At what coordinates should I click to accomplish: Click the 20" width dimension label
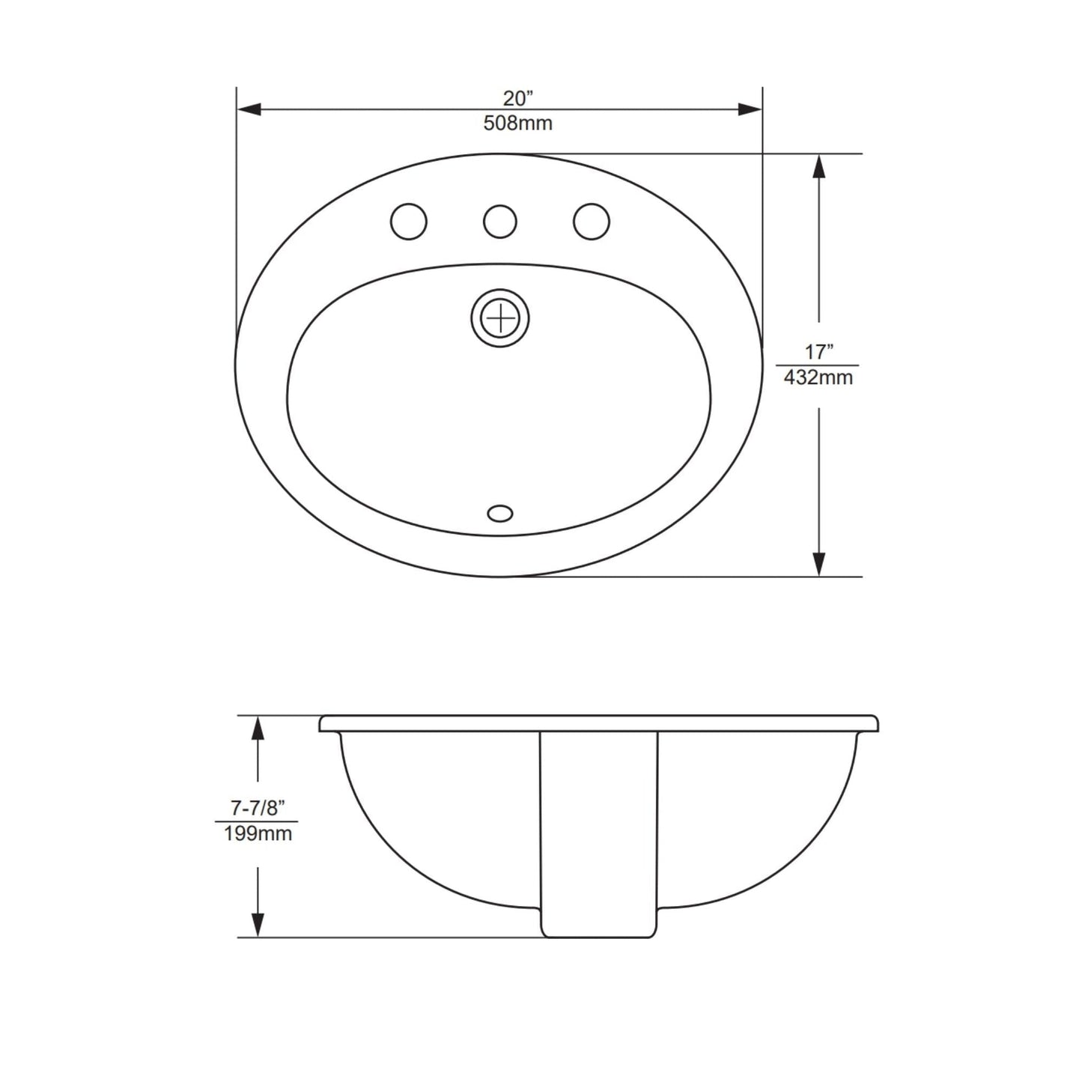click(517, 98)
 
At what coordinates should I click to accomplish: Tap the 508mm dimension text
click(517, 123)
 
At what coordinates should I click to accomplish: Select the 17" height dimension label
click(819, 351)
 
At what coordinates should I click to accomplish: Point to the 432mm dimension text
click(818, 377)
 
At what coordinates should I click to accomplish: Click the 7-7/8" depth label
click(258, 808)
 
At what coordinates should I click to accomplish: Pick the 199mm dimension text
click(258, 833)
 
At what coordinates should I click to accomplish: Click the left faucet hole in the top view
click(409, 222)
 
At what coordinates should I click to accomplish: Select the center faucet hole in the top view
click(500, 222)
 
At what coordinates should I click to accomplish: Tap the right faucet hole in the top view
click(592, 222)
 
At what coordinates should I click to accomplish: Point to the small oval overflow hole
click(500, 514)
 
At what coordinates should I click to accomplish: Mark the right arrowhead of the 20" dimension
click(750, 109)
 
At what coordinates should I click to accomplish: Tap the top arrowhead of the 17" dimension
click(819, 166)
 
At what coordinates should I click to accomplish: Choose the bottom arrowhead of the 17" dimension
click(819, 564)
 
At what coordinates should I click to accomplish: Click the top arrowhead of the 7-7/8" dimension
click(258, 728)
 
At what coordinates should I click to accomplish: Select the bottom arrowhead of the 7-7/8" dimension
click(258, 925)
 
